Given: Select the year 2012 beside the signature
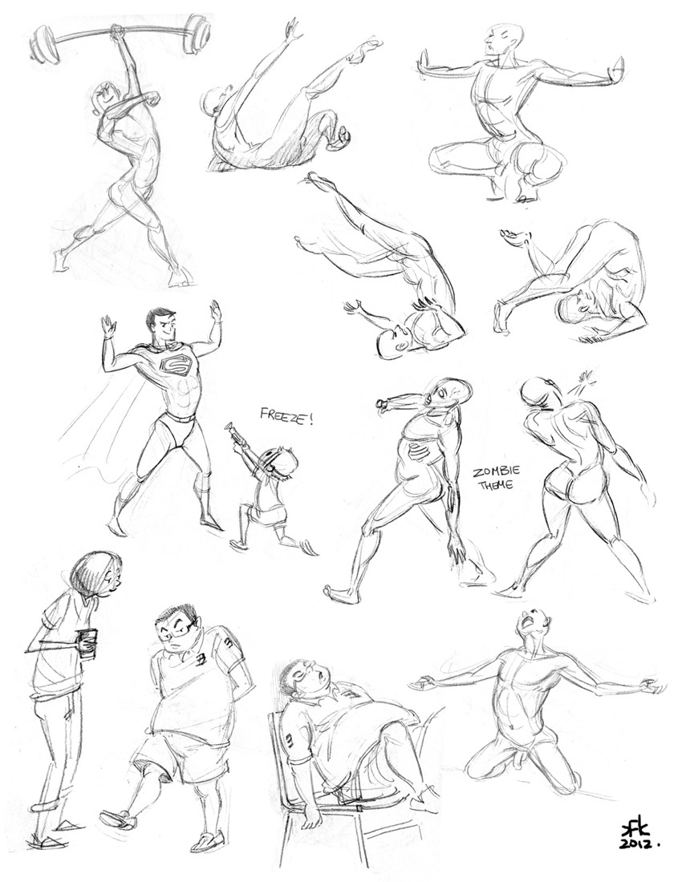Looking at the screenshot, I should pyautogui.click(x=638, y=845).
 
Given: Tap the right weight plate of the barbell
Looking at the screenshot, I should pyautogui.click(x=197, y=34).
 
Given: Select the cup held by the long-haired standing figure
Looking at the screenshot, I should pyautogui.click(x=87, y=644).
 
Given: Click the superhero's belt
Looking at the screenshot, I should pyautogui.click(x=181, y=417).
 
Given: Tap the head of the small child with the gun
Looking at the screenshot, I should pyautogui.click(x=281, y=465).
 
